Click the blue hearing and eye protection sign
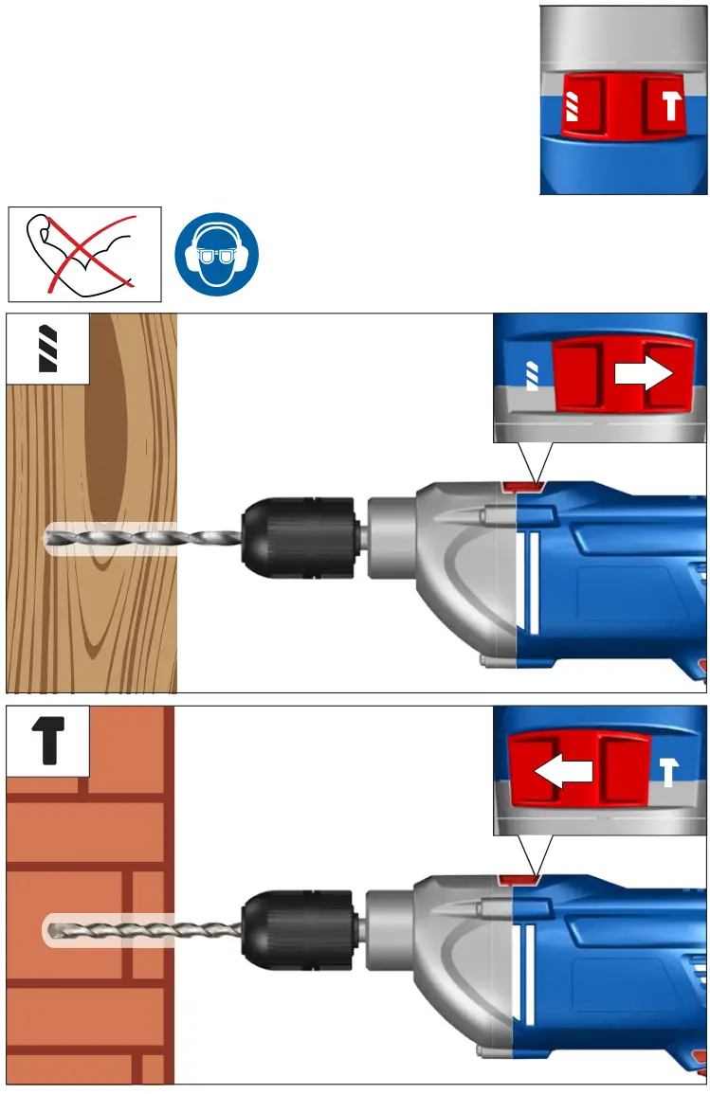pos(216,254)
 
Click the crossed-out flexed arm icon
pos(85,254)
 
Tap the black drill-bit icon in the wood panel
pos(48,349)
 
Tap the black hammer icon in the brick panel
pos(49,740)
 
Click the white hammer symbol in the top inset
pos(671,105)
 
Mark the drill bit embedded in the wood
pos(142,540)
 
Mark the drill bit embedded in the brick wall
pos(142,931)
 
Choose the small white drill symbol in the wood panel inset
pos(531,375)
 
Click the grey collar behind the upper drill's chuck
pos(389,540)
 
